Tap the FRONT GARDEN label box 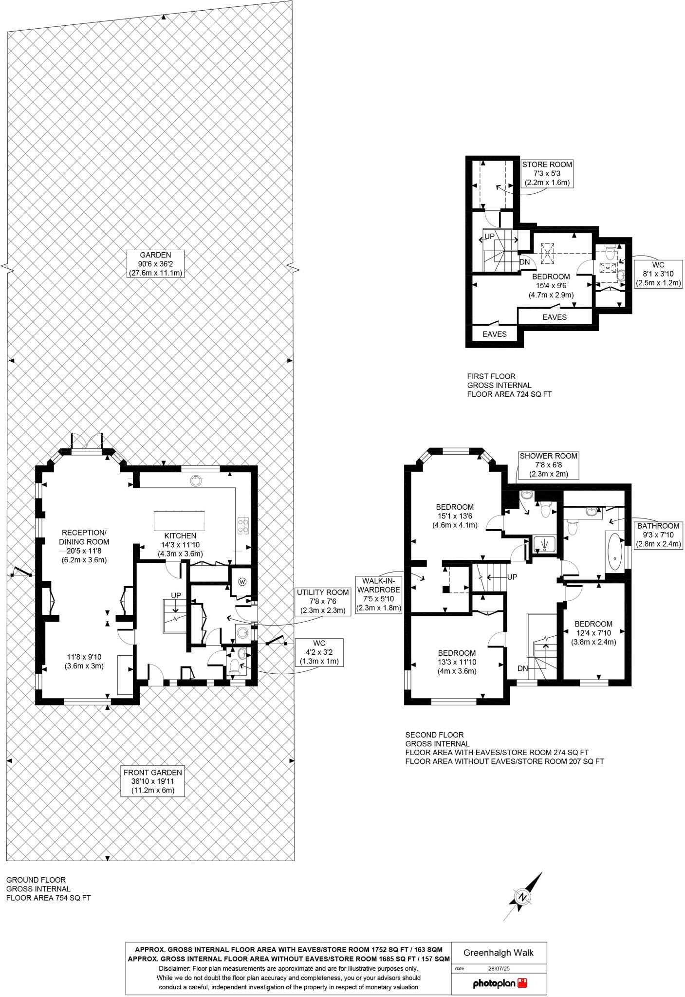152,781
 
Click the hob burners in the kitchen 243,525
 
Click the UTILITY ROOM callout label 323,601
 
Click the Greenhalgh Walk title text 498,953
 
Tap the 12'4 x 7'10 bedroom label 593,632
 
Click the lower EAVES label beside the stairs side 495,334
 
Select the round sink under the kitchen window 195,480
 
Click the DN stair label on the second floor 523,668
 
